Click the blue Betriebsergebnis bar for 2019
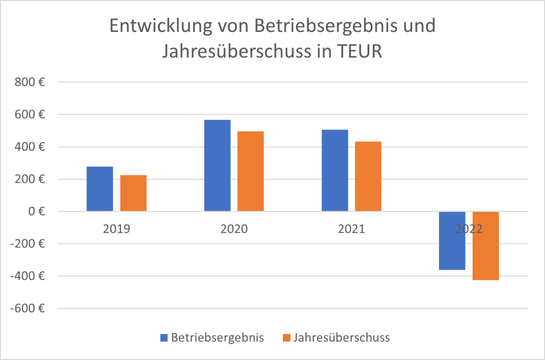100,189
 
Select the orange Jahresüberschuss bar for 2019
133,193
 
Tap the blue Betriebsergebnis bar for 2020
217,166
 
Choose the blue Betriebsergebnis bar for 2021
335,170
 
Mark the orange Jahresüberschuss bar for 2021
368,176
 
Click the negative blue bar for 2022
452,241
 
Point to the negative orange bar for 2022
485,246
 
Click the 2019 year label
117,230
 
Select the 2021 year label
351,230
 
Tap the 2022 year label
469,230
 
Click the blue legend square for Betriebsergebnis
164,338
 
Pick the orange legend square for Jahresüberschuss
287,338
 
